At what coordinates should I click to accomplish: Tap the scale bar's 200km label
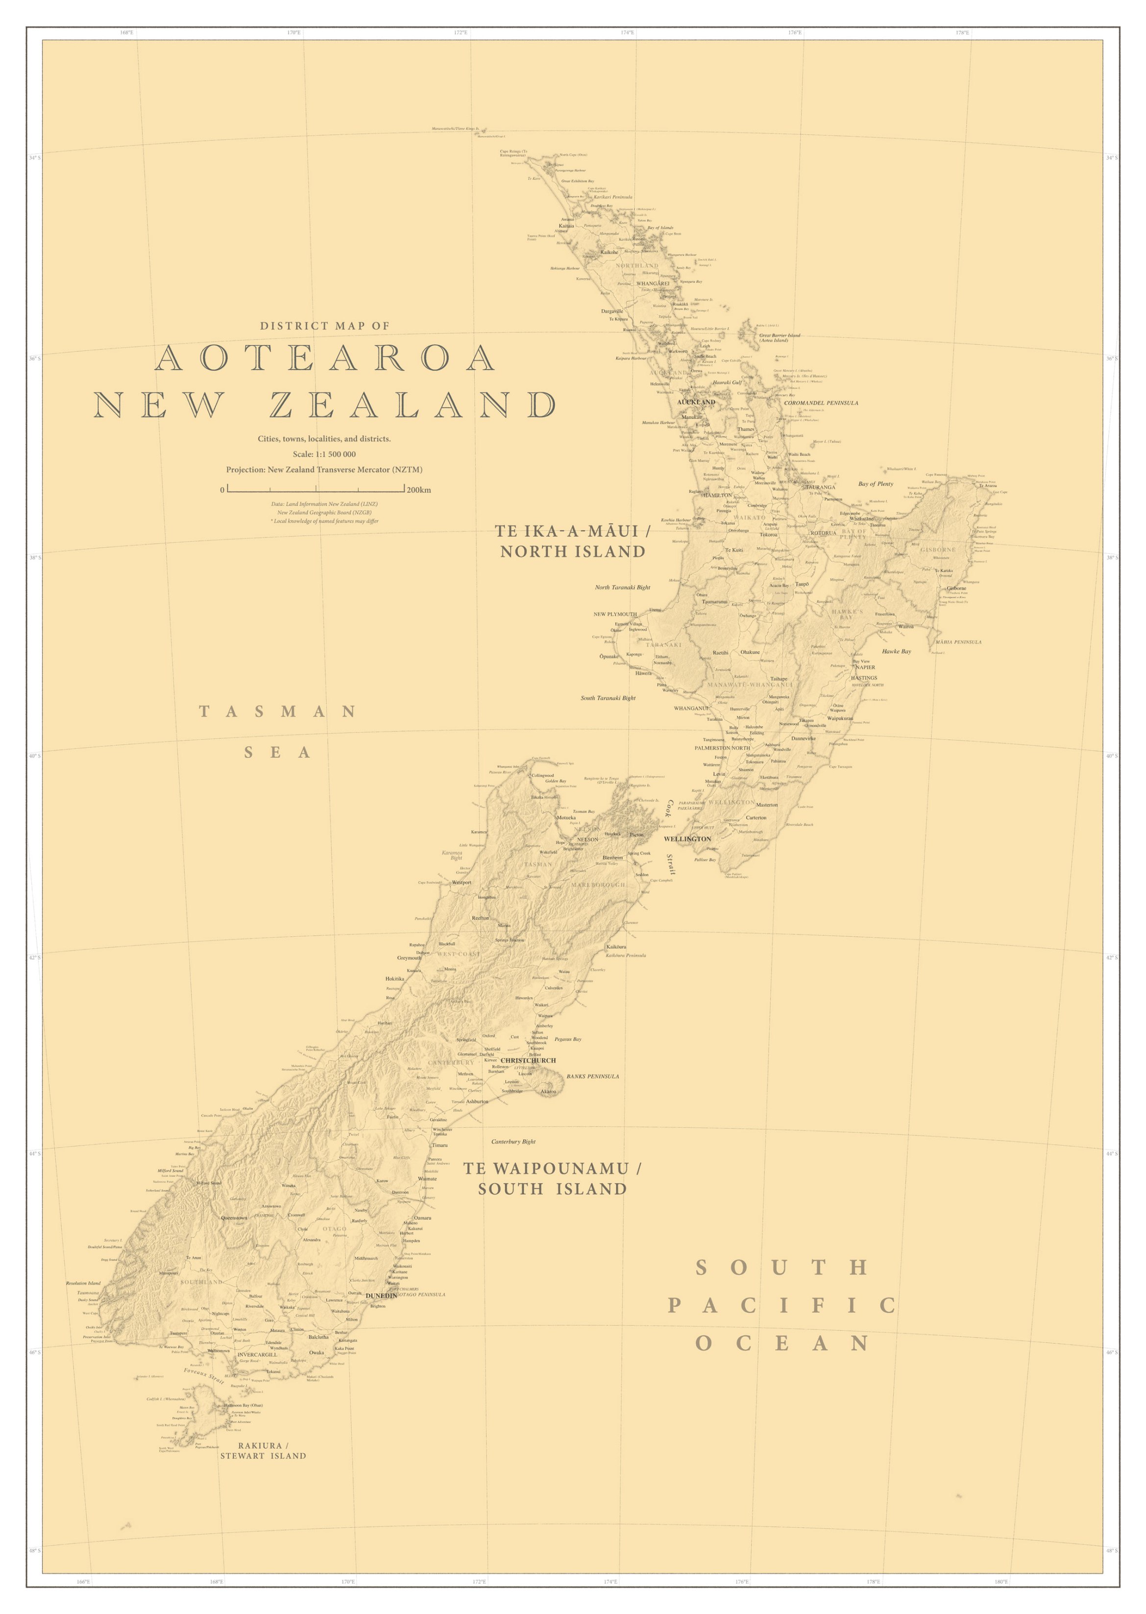(x=418, y=490)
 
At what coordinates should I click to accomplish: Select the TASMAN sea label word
(x=277, y=711)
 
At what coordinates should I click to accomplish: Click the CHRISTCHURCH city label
(x=529, y=1061)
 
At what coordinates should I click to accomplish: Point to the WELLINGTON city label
(x=686, y=839)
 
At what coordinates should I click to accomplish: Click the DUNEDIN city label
(x=381, y=1296)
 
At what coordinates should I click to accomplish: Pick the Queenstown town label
(x=234, y=1218)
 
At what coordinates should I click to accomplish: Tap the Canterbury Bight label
(x=513, y=1141)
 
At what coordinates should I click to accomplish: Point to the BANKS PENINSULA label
(x=593, y=1076)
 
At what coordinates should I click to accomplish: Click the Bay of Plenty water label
(x=875, y=484)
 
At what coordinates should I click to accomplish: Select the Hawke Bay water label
(x=896, y=651)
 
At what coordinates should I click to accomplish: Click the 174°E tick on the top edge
(x=627, y=32)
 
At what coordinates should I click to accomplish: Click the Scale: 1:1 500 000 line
(x=324, y=455)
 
